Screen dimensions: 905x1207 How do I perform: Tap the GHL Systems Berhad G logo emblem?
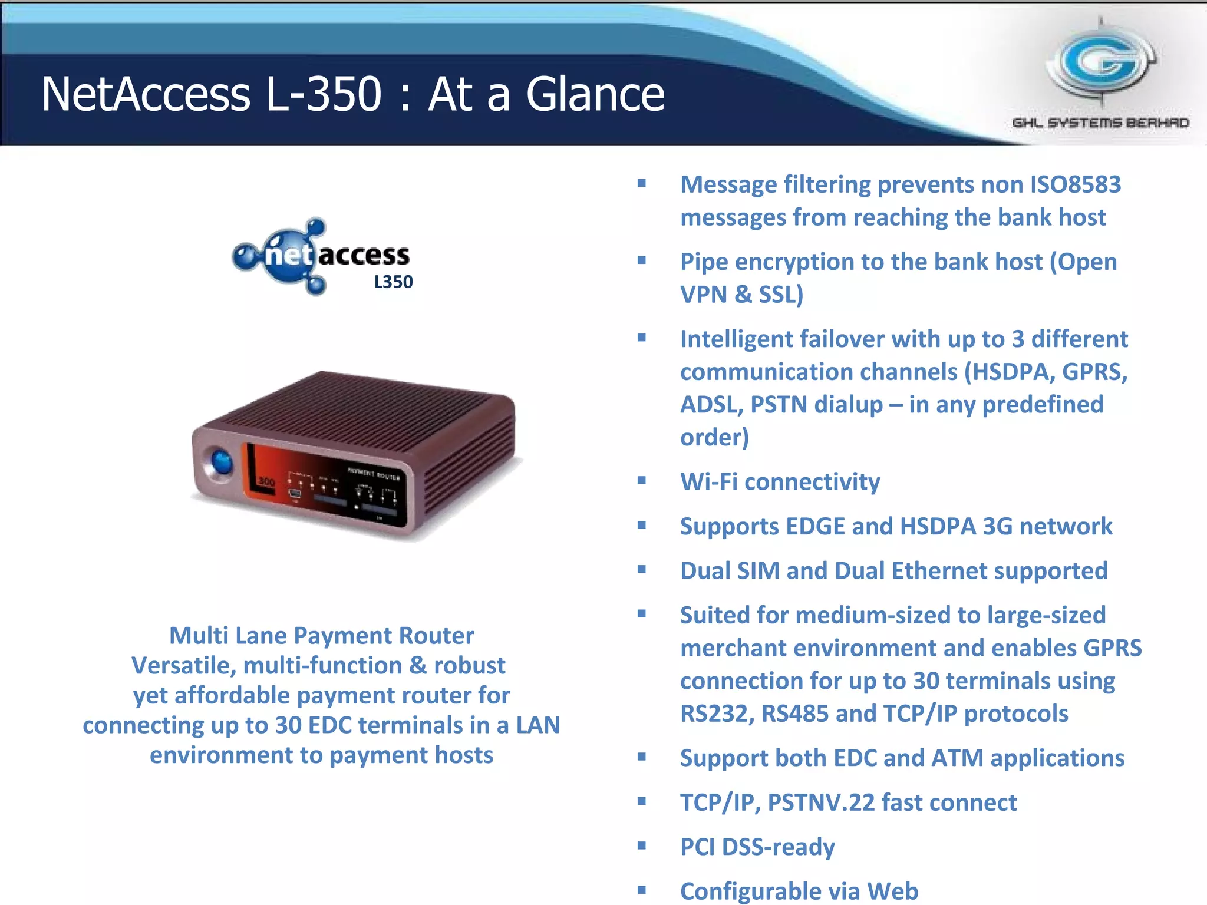pyautogui.click(x=1101, y=62)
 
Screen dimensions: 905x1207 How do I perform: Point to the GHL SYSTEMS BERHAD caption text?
pyautogui.click(x=1100, y=123)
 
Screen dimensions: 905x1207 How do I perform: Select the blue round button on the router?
pyautogui.click(x=221, y=461)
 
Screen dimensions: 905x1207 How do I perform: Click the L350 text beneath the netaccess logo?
pyautogui.click(x=393, y=282)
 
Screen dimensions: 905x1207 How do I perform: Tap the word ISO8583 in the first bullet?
pyautogui.click(x=1075, y=184)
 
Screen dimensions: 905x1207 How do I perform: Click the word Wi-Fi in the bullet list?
pyautogui.click(x=709, y=482)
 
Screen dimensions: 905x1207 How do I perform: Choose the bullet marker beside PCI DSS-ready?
pyautogui.click(x=642, y=846)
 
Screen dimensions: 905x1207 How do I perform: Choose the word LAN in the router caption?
pyautogui.click(x=537, y=725)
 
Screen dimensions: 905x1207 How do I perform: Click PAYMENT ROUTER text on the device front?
pyautogui.click(x=373, y=474)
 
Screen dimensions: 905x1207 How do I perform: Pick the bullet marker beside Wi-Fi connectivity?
pyautogui.click(x=642, y=481)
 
